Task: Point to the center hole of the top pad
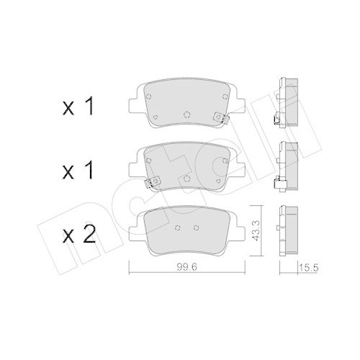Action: tap(186, 114)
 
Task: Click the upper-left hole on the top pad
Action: tap(148, 93)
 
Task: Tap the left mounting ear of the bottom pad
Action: tap(135, 228)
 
